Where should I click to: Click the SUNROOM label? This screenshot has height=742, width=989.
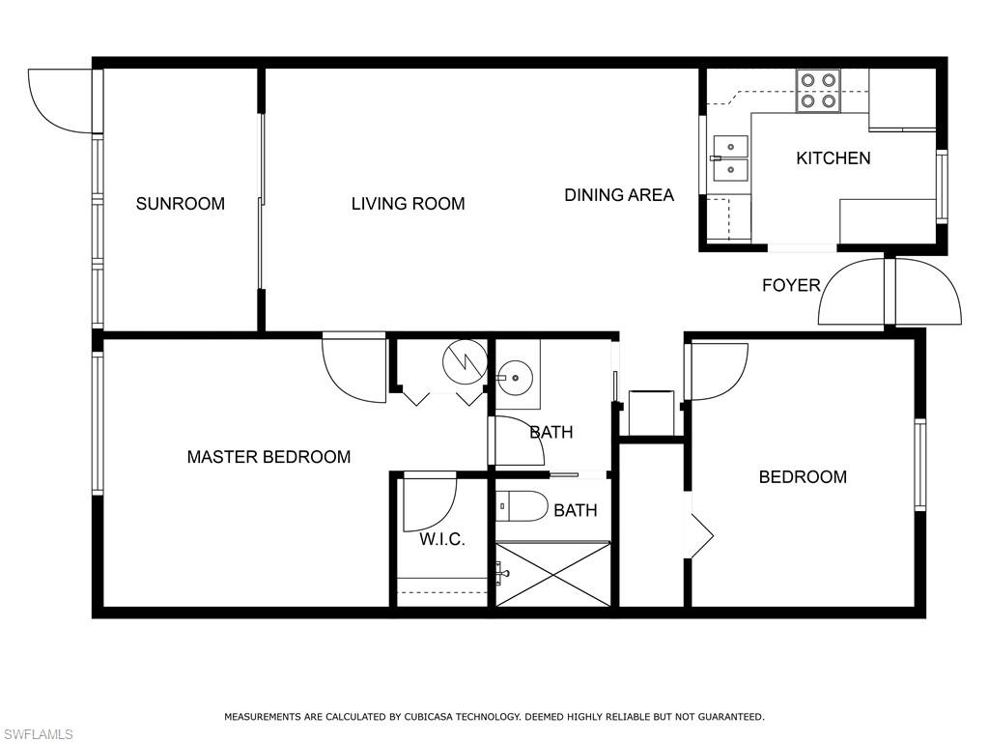click(x=180, y=204)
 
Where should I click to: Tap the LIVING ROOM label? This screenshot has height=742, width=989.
click(x=408, y=204)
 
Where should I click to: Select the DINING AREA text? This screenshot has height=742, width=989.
click(x=619, y=195)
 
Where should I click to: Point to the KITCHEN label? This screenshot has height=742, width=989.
click(x=833, y=158)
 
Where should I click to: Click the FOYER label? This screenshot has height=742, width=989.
click(x=791, y=285)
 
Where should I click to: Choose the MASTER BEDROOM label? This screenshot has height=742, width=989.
click(x=268, y=457)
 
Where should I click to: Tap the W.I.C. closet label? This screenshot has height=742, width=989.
click(x=442, y=539)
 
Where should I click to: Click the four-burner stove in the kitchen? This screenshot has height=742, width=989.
click(x=818, y=90)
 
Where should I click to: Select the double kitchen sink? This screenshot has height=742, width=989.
click(x=730, y=158)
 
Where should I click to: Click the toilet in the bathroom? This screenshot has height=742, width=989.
click(x=522, y=506)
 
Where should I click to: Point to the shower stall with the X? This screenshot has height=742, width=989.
click(x=552, y=575)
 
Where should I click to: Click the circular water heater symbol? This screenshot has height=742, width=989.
click(x=464, y=361)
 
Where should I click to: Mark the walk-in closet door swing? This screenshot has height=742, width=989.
click(x=429, y=503)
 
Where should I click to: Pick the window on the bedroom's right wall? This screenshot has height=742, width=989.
click(x=919, y=465)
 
